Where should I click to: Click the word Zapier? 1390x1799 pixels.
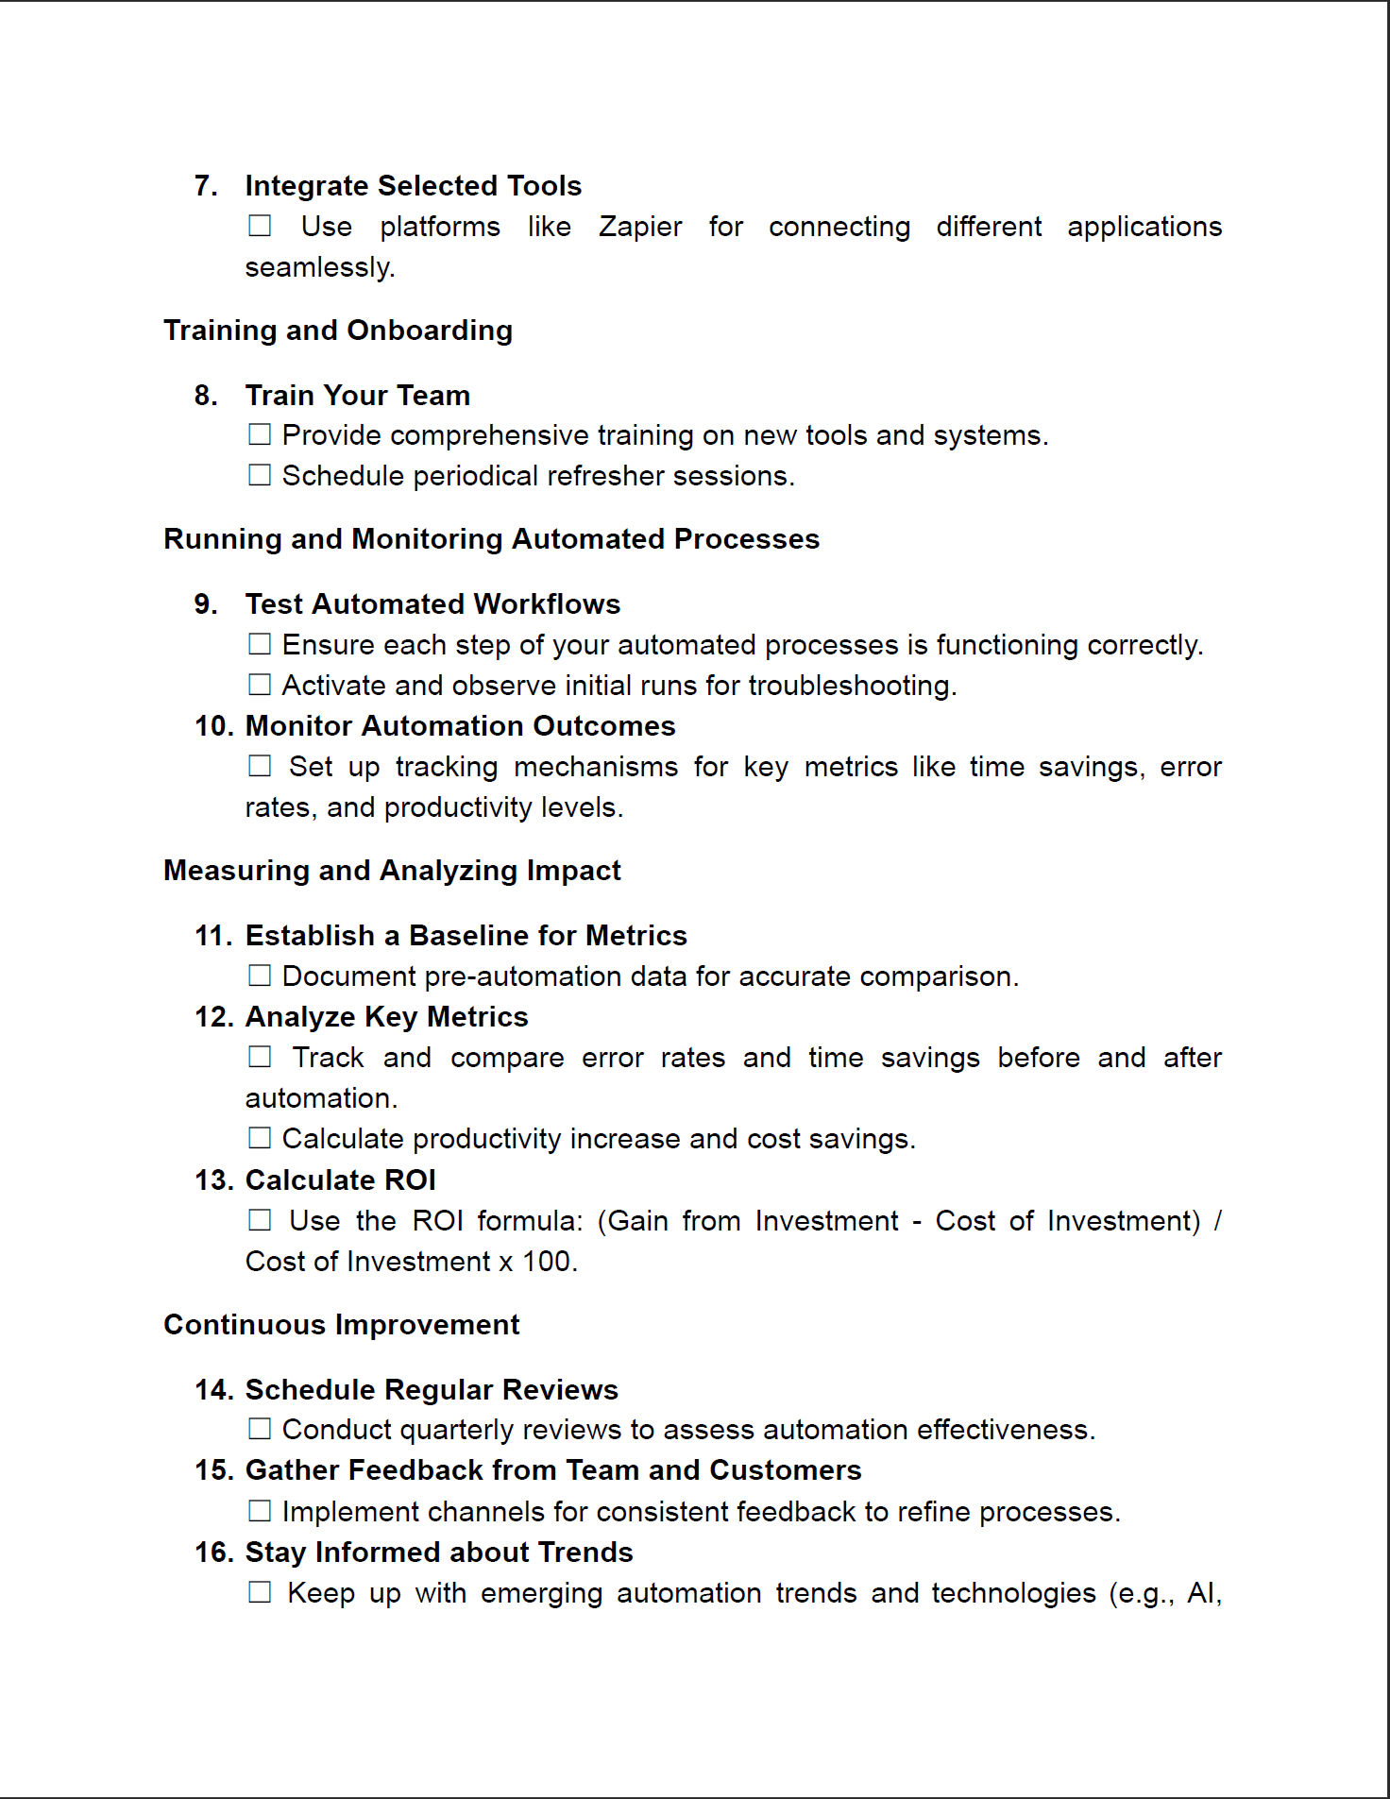click(639, 227)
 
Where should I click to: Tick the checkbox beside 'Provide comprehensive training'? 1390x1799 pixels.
click(260, 434)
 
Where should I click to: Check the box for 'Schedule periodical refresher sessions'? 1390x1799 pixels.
click(260, 475)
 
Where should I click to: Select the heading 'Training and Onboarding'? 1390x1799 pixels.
click(337, 331)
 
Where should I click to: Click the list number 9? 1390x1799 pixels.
click(205, 604)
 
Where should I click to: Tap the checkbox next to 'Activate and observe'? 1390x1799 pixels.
click(260, 685)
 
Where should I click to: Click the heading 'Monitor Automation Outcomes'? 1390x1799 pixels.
click(460, 726)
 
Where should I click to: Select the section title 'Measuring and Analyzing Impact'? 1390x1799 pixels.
click(392, 871)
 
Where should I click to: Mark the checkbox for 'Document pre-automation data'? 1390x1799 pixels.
click(260, 976)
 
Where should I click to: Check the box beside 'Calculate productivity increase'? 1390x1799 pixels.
click(260, 1138)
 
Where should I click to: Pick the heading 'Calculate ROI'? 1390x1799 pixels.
click(340, 1180)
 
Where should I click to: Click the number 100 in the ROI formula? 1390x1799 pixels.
click(547, 1262)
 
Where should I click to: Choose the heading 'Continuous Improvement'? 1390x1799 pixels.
click(341, 1325)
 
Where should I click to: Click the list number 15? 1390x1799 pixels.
click(213, 1470)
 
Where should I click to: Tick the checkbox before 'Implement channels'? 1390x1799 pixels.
click(260, 1511)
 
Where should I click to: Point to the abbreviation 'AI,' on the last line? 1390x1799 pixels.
click(1204, 1593)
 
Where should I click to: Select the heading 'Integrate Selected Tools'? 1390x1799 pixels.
click(413, 186)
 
